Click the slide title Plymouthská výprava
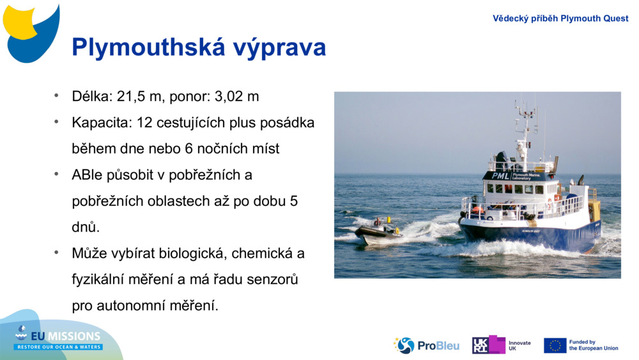click(x=199, y=48)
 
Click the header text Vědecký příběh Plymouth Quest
click(x=560, y=18)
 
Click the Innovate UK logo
click(x=501, y=345)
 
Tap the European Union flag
click(x=555, y=345)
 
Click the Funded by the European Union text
click(x=593, y=345)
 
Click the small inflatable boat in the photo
click(x=378, y=232)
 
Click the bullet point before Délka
click(x=56, y=96)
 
